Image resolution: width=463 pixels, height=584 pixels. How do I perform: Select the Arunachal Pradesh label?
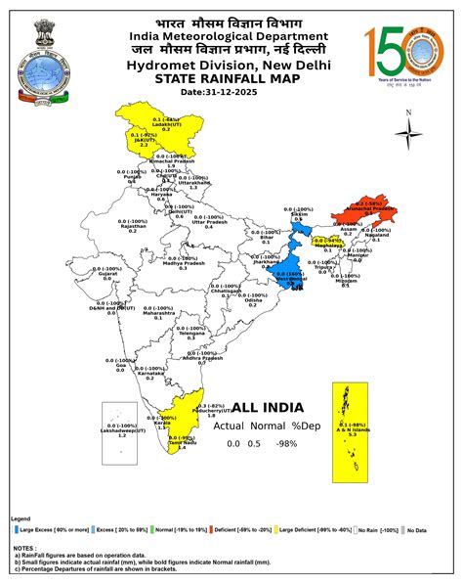tap(372, 208)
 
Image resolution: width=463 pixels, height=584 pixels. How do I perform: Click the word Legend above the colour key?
tap(21, 518)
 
